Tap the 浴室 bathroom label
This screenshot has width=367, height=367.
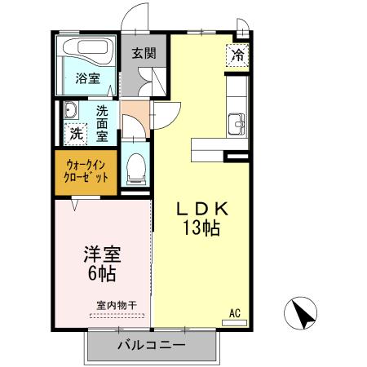tap(88, 78)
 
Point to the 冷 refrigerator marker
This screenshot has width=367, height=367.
tap(238, 55)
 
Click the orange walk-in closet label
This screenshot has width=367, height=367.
tap(86, 171)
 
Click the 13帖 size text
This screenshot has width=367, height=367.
tap(202, 230)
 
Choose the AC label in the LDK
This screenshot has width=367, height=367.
tap(235, 312)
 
